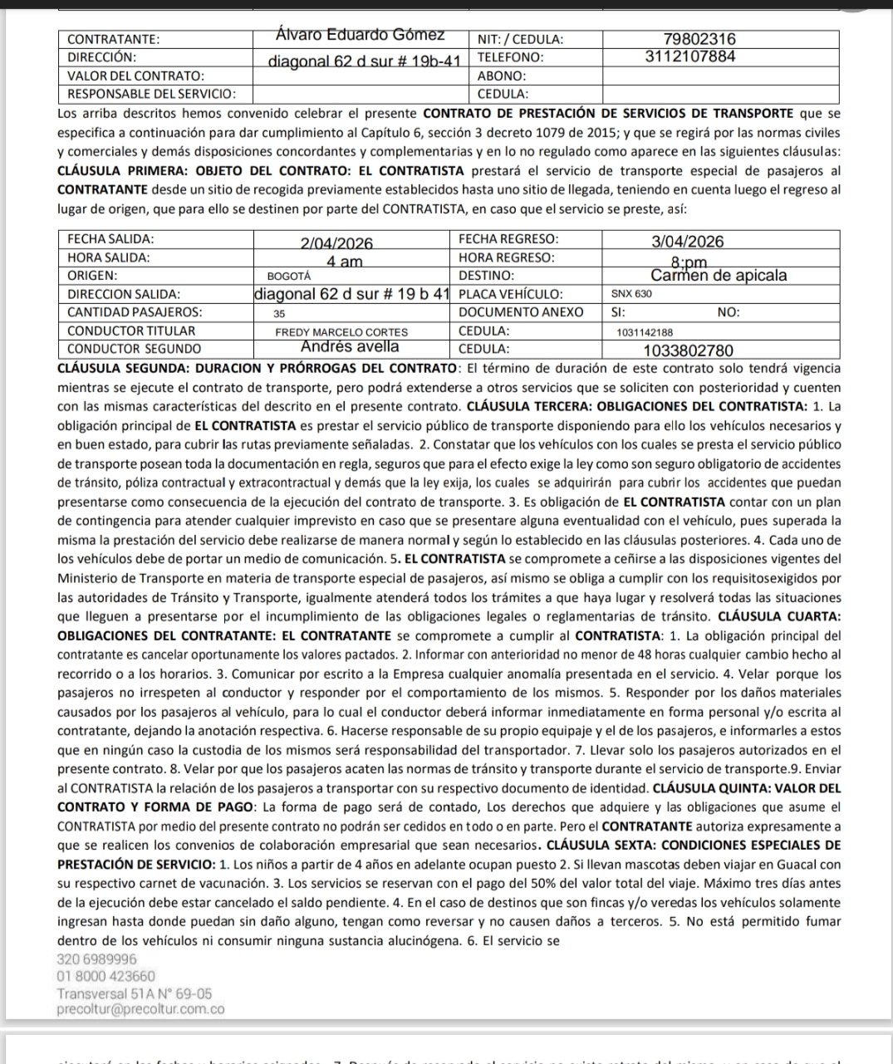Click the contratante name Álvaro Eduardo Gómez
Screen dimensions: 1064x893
click(x=360, y=36)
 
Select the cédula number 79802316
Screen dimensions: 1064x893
click(x=700, y=39)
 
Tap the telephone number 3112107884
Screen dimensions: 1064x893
click(x=689, y=56)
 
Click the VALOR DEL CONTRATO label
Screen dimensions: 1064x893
click(x=135, y=76)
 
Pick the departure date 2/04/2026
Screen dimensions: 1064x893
click(x=336, y=243)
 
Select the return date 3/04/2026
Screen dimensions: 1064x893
click(x=688, y=242)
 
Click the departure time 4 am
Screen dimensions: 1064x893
click(x=344, y=262)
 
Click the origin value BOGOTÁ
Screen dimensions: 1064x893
click(x=289, y=276)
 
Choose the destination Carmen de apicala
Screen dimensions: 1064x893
click(x=719, y=276)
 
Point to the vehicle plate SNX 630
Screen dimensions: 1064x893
click(x=631, y=294)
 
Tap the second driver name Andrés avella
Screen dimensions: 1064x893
click(x=350, y=347)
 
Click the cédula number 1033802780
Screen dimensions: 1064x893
click(x=689, y=351)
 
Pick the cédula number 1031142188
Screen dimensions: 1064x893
click(x=645, y=331)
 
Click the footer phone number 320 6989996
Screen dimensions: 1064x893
click(x=97, y=959)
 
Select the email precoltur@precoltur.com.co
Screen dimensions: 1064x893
click(x=140, y=1009)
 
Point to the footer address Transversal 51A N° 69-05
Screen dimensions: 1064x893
click(x=135, y=993)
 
